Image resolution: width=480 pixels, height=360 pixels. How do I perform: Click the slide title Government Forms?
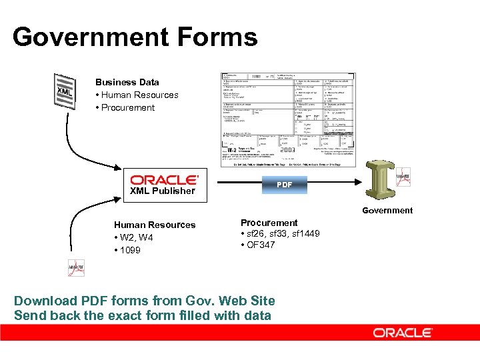(135, 37)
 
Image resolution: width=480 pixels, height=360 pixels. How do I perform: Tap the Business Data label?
(127, 82)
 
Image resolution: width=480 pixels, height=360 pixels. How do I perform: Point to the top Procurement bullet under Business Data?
(127, 107)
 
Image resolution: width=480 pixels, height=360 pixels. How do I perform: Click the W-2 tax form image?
(288, 119)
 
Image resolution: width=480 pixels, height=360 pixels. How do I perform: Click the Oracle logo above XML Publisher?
(164, 179)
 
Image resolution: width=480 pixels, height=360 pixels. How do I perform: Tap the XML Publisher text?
(163, 191)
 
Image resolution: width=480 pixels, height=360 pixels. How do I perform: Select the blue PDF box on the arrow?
(284, 184)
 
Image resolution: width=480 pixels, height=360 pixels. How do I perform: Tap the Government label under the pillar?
(387, 210)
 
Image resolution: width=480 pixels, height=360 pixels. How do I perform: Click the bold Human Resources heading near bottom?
(155, 225)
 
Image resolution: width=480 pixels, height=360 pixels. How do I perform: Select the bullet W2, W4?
(135, 237)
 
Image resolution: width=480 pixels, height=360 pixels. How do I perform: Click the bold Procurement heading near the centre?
(269, 223)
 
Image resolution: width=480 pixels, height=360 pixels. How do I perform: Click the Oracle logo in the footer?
(403, 333)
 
